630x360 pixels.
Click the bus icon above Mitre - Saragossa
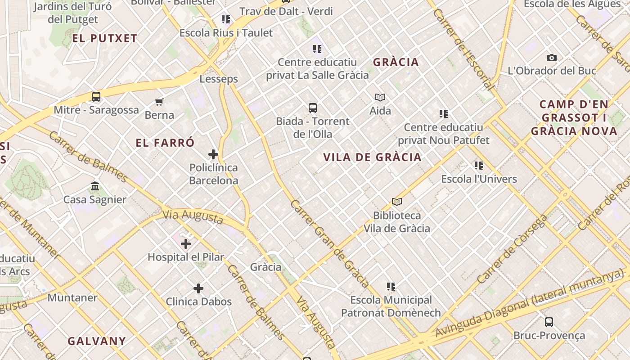(96, 96)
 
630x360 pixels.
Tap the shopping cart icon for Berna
(159, 102)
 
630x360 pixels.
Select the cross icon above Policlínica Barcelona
(213, 154)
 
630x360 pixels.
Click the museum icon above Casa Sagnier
(95, 186)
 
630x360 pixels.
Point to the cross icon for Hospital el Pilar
(185, 244)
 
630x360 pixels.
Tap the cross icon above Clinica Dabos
(198, 288)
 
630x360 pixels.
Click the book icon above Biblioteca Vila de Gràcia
(396, 202)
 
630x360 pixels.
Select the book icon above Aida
(380, 97)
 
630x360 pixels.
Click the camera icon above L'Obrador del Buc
(552, 58)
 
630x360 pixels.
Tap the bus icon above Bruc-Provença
(549, 322)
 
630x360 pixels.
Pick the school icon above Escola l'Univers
(479, 166)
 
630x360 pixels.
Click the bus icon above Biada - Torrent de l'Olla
(313, 108)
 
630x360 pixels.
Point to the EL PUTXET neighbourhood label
(104, 39)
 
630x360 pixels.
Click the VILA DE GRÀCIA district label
(373, 157)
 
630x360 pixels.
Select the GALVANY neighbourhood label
(97, 341)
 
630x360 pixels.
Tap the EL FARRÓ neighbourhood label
(165, 143)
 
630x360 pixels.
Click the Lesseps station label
(219, 79)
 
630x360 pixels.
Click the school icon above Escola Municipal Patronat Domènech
(391, 287)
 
